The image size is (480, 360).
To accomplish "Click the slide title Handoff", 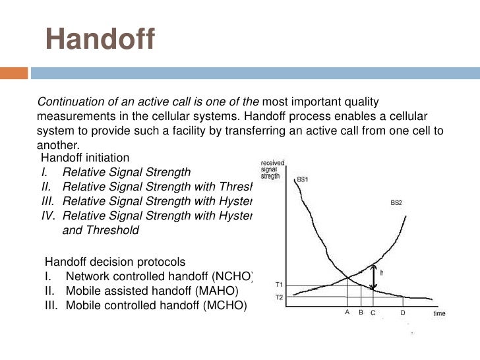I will coord(99,39).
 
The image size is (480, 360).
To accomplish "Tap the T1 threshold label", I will coord(280,284).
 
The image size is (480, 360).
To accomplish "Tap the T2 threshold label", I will coord(280,298).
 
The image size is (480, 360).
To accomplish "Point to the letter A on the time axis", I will coord(347,313).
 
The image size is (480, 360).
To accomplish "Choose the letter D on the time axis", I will coord(402,313).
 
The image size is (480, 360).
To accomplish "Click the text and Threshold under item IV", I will coord(101,231).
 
